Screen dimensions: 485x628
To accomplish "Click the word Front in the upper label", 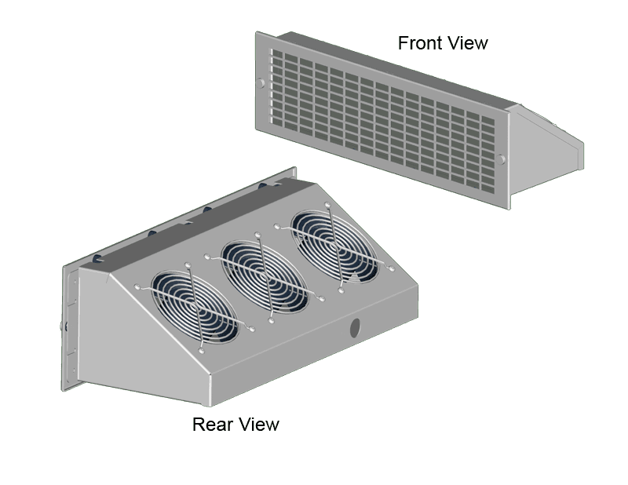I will [420, 42].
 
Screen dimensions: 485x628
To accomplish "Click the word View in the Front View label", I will [467, 42].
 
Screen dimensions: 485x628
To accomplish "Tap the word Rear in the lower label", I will [210, 425].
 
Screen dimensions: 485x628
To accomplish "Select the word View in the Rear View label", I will [258, 425].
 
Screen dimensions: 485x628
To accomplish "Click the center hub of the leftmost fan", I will [193, 308].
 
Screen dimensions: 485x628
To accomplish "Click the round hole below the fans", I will [354, 327].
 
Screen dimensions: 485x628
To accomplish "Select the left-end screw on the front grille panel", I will [261, 82].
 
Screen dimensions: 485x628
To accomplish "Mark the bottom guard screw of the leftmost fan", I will [202, 352].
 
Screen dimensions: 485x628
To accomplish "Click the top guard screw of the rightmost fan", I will [327, 202].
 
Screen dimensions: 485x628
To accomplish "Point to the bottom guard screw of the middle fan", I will [272, 320].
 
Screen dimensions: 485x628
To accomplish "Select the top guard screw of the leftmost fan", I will [187, 264].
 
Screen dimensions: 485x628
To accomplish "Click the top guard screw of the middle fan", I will [257, 232].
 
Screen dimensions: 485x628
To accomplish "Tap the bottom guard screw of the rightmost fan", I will [341, 290].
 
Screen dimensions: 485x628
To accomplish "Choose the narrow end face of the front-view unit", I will [582, 154].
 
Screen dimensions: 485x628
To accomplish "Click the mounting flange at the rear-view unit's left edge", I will [69, 330].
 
